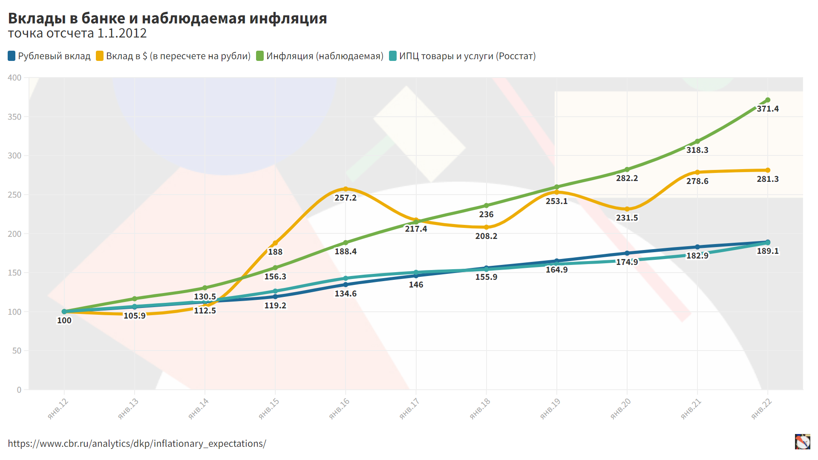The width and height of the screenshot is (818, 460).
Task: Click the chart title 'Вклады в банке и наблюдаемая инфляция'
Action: (167, 18)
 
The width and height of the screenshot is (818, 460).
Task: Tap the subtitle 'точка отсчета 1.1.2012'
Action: (77, 33)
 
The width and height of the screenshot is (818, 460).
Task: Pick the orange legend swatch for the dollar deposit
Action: (100, 56)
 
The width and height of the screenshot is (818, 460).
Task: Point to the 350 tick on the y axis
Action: (14, 117)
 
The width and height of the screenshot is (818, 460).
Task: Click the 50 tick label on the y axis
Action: (17, 351)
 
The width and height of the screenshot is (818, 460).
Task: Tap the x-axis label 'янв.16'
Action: (339, 408)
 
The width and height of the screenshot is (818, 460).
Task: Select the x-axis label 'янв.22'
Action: (761, 408)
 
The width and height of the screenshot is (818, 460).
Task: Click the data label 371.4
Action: (767, 109)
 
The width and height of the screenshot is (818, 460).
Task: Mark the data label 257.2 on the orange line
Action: (345, 198)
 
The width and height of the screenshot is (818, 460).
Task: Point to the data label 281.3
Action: (767, 179)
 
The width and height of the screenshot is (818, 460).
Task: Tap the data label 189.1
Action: (767, 251)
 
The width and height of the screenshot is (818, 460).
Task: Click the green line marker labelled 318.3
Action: (697, 141)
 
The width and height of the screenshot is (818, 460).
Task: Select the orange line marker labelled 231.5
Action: (627, 209)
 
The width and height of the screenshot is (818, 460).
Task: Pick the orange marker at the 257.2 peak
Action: (346, 189)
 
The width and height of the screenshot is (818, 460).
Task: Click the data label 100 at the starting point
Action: (64, 321)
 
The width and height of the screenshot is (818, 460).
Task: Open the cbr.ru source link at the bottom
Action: (137, 444)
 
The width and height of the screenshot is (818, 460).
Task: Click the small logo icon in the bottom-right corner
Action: (802, 442)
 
